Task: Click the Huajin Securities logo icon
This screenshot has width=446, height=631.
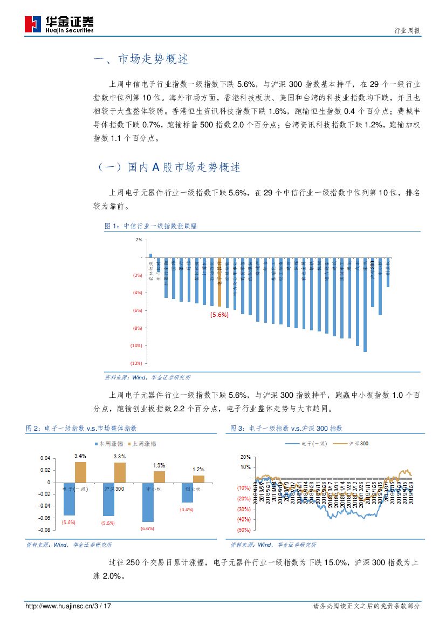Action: [x=33, y=24]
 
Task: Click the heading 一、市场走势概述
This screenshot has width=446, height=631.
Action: [x=141, y=60]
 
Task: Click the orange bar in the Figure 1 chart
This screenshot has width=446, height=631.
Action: [x=219, y=281]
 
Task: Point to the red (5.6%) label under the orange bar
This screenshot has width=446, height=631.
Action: [x=219, y=315]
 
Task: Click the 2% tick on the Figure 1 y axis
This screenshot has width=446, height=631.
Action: [x=139, y=240]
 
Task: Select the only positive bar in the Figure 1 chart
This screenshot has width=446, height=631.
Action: [x=150, y=255]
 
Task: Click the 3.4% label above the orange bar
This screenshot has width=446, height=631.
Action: [x=80, y=456]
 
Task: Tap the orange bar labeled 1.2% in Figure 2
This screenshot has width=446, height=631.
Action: [x=198, y=479]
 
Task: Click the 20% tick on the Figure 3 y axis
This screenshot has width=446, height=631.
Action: [x=245, y=457]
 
